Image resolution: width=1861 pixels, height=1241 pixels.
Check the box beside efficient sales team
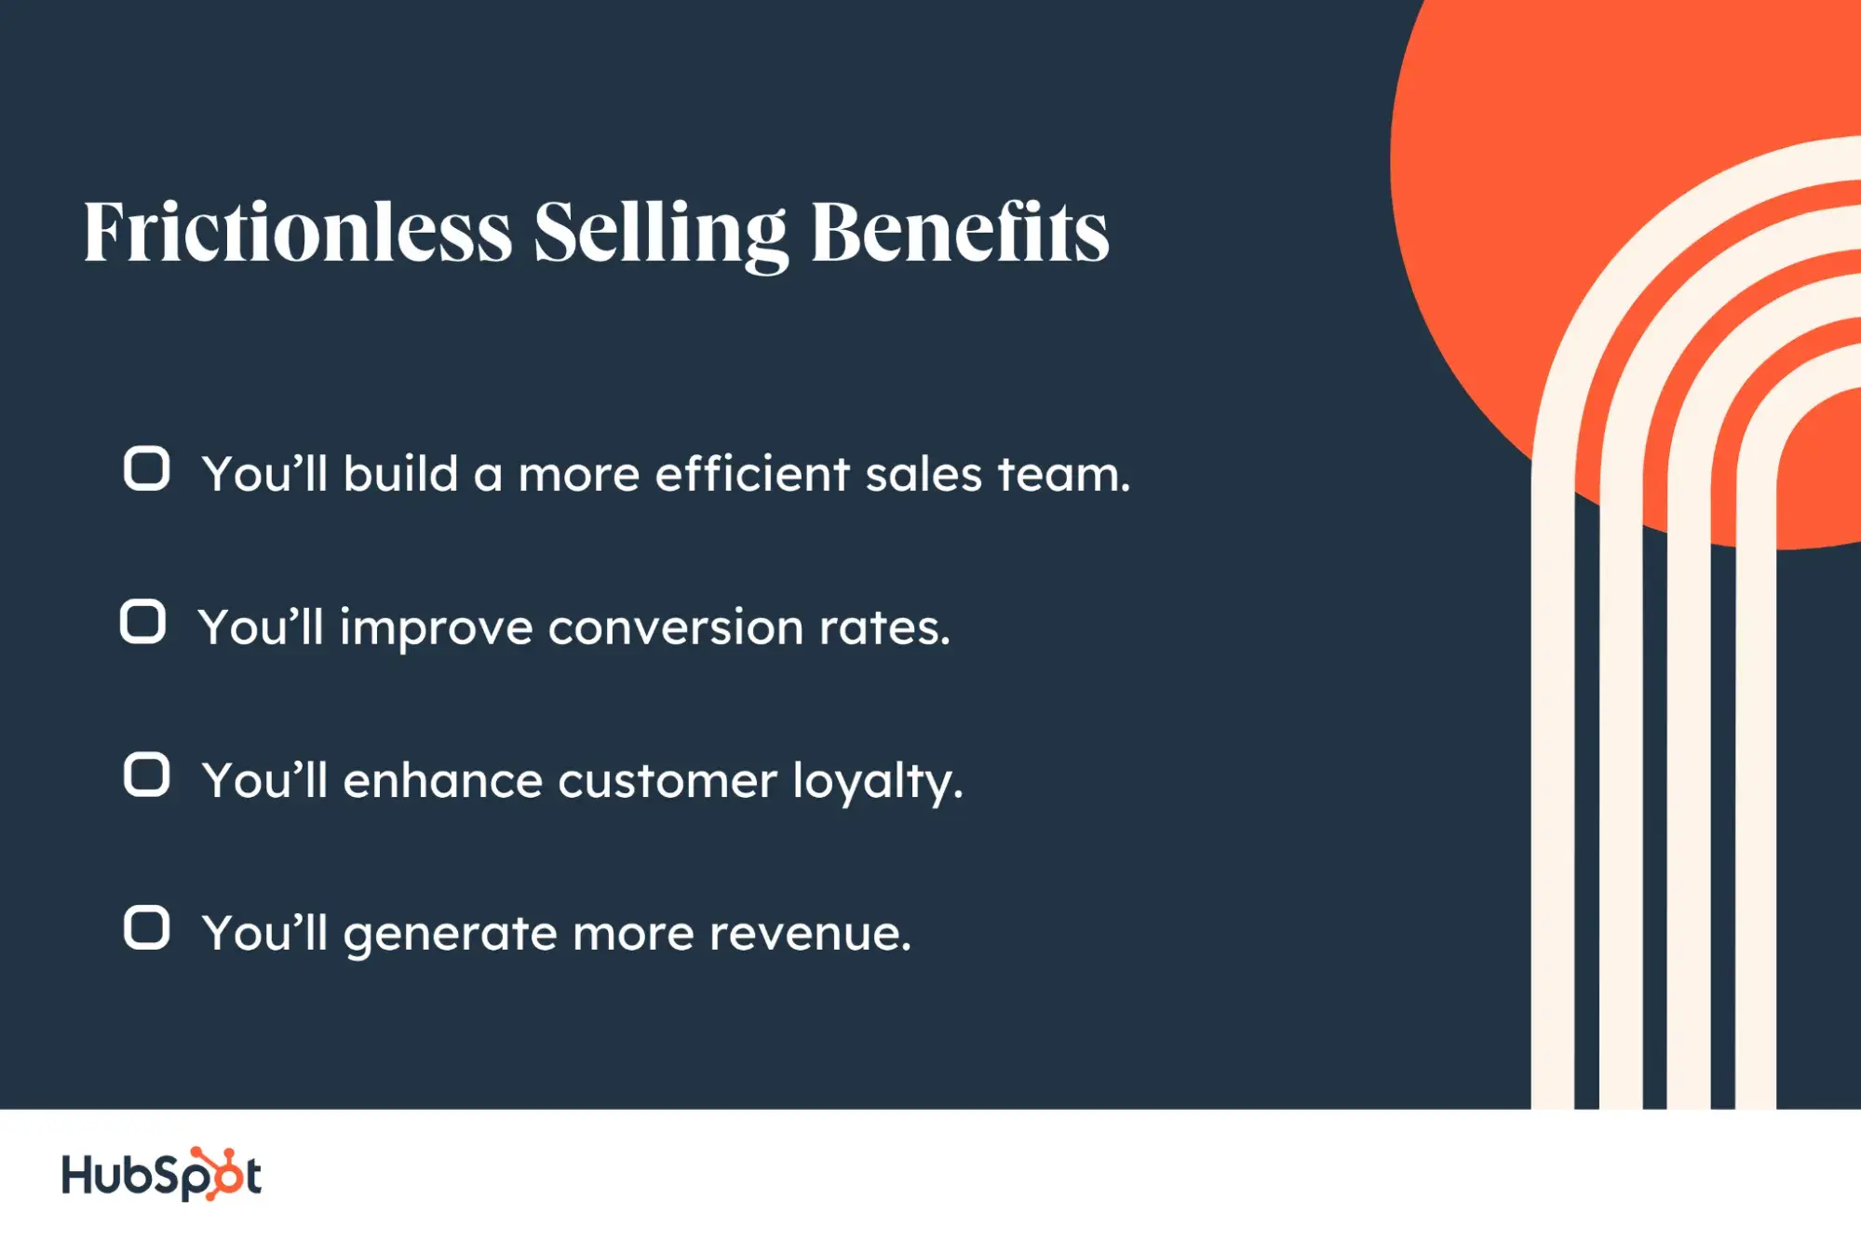[146, 468]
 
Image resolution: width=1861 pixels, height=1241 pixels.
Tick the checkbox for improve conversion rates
[142, 622]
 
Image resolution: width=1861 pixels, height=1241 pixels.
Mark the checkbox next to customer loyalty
[146, 775]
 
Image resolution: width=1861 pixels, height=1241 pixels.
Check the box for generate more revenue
[146, 928]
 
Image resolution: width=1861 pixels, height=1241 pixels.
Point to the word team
[1064, 475]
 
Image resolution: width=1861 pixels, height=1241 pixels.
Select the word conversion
[675, 628]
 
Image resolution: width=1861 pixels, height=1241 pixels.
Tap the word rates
[884, 628]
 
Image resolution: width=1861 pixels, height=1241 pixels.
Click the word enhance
[442, 780]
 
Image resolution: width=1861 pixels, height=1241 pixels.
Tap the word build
[400, 474]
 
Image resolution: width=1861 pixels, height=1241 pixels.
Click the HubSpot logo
[161, 1174]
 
